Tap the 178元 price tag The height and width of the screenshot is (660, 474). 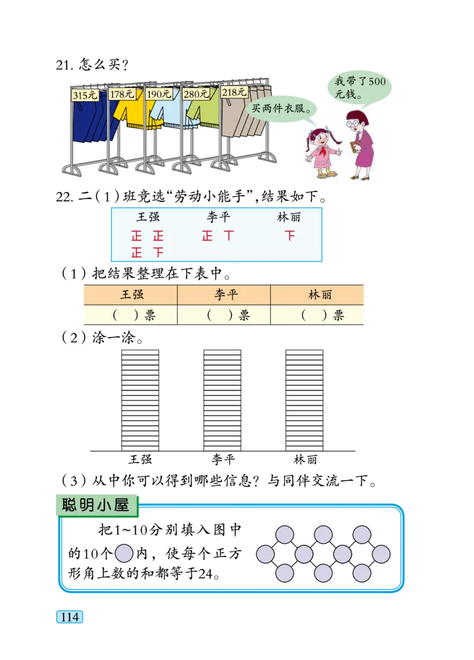click(122, 94)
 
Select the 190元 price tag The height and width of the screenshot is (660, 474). click(159, 94)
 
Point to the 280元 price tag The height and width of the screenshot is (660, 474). click(196, 93)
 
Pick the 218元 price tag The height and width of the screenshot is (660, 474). click(234, 92)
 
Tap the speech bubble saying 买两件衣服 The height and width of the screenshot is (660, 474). click(280, 108)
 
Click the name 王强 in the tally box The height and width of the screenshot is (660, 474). click(148, 217)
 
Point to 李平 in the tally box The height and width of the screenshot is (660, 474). click(218, 217)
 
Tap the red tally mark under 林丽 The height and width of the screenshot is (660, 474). click(289, 236)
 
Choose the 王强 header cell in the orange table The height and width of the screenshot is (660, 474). click(132, 294)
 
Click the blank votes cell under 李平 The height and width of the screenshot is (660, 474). click(224, 315)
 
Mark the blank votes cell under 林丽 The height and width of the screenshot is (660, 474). click(318, 315)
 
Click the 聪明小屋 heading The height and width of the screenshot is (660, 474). click(96, 505)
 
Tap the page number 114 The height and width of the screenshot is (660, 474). click(70, 617)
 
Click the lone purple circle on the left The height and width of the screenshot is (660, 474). click(124, 553)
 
